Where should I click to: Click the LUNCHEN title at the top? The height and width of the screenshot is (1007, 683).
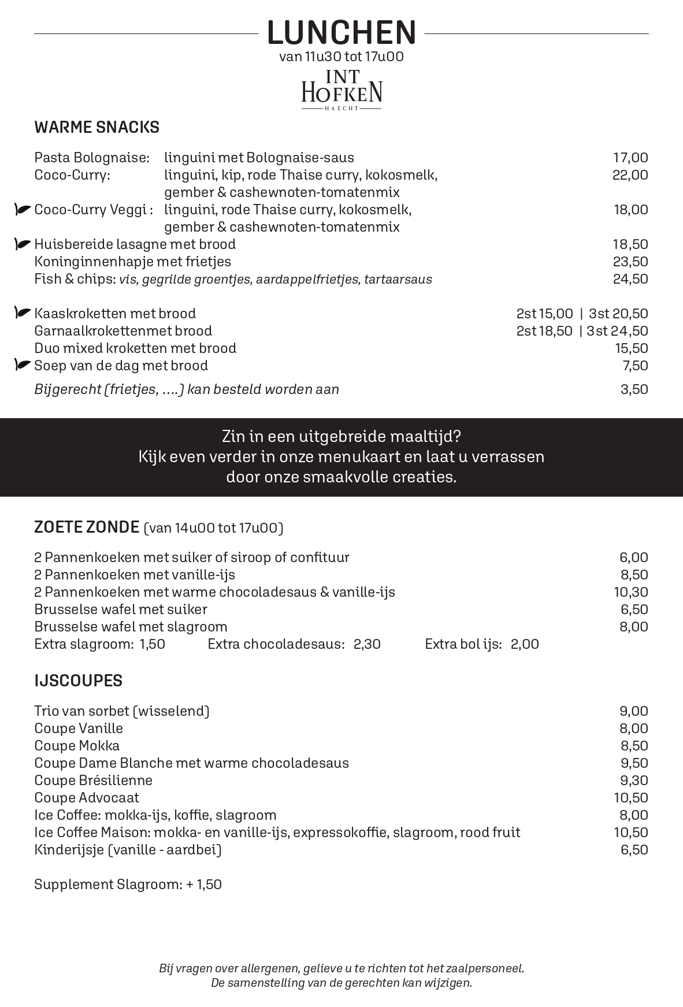click(x=341, y=32)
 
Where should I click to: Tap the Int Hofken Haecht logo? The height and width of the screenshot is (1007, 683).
click(x=341, y=90)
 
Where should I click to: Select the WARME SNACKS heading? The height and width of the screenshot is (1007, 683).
click(x=97, y=127)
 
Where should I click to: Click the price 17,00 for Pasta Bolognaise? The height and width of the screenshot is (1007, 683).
click(x=630, y=158)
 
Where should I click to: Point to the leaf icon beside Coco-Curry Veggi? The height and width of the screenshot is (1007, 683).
click(x=23, y=210)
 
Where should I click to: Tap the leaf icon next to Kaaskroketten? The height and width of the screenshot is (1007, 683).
click(x=23, y=313)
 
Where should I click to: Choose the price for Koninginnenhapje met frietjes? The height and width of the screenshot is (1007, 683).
click(x=630, y=262)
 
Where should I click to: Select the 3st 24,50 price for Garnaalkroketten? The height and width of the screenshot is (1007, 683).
click(x=617, y=331)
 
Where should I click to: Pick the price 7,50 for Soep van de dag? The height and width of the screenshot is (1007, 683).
click(x=634, y=366)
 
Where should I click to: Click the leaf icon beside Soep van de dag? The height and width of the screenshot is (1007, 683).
click(x=23, y=365)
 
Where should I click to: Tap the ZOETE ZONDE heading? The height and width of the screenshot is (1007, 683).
click(x=87, y=527)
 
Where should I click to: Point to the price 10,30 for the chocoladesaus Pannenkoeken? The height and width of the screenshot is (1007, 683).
click(x=631, y=592)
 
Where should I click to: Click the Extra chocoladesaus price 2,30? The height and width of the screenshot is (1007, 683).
click(x=367, y=644)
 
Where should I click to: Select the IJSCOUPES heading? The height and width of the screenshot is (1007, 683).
click(x=79, y=681)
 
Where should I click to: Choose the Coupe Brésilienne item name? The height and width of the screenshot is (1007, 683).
click(x=94, y=781)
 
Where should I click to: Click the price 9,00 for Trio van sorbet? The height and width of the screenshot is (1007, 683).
click(x=634, y=711)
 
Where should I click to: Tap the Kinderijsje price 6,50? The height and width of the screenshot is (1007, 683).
click(x=634, y=850)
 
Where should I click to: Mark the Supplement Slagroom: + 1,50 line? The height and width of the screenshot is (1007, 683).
click(x=128, y=885)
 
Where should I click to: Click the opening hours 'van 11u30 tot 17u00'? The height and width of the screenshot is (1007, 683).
click(x=341, y=57)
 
